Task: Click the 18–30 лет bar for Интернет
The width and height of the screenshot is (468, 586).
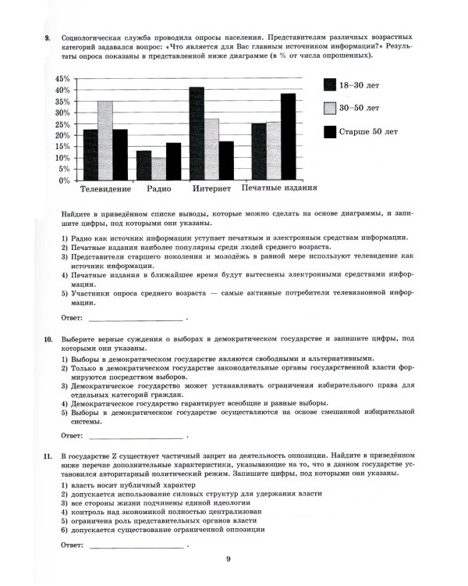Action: [197, 134]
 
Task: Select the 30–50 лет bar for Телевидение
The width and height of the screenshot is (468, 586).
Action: [105, 141]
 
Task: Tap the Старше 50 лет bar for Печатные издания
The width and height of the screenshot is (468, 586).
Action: [289, 137]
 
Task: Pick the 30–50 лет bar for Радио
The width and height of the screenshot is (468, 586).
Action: [158, 169]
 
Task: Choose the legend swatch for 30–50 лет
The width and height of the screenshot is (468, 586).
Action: [330, 108]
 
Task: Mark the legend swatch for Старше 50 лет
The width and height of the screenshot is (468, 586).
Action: [330, 130]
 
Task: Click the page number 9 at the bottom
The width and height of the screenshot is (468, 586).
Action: [229, 559]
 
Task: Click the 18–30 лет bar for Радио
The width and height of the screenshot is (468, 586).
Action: [144, 166]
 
